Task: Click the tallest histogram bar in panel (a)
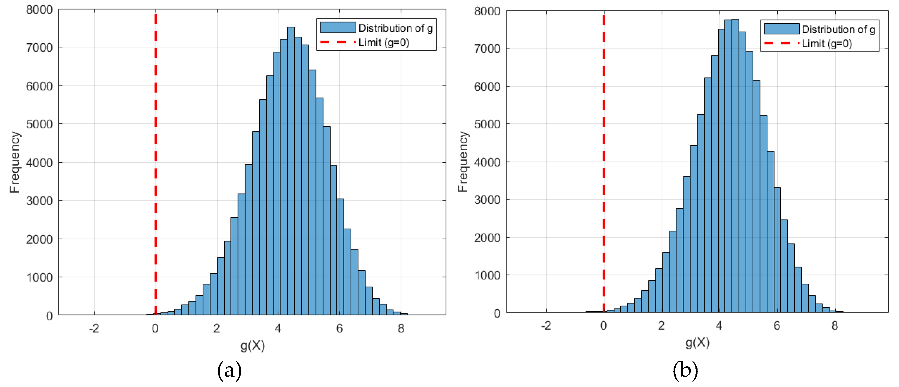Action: (x=291, y=171)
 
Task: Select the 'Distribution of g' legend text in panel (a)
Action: (x=395, y=28)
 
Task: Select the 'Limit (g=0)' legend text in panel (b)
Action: (x=827, y=44)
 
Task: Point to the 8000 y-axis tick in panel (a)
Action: (x=39, y=10)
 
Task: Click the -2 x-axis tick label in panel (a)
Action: (x=94, y=328)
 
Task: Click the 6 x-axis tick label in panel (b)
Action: (x=777, y=326)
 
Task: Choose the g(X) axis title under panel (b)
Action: (x=698, y=343)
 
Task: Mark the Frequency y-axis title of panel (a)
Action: (x=15, y=162)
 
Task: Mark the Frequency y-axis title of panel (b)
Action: (x=463, y=162)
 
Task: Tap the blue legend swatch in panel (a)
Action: (x=337, y=28)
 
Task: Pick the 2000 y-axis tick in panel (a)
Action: (x=39, y=239)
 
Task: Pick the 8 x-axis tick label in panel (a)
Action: (x=401, y=328)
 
